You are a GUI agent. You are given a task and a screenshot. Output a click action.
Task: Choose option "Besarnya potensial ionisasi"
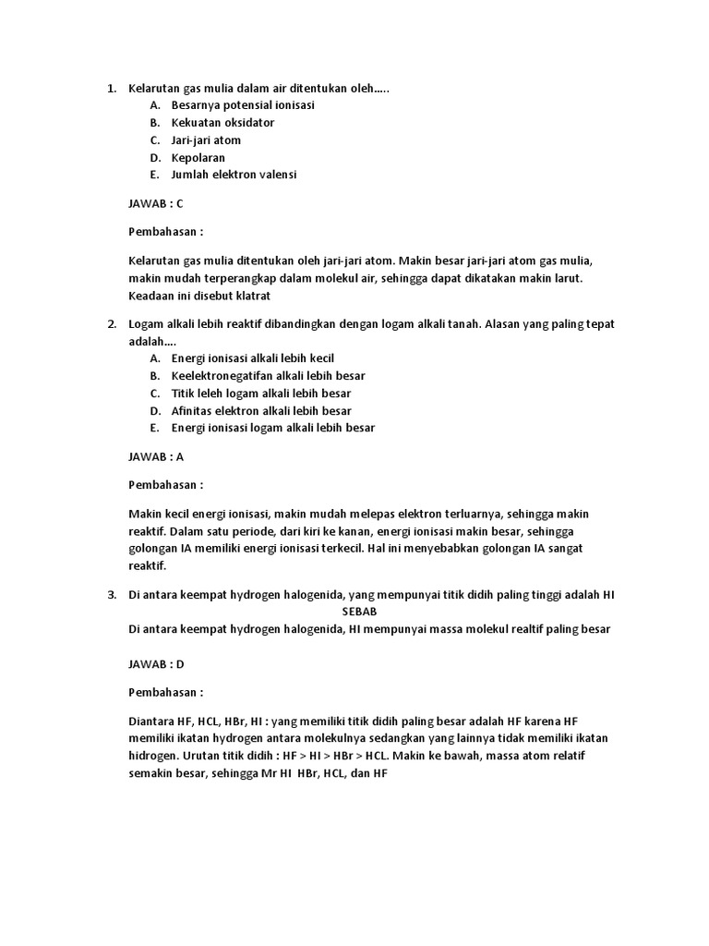click(243, 105)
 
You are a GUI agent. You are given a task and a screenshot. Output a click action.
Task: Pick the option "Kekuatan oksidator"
click(222, 122)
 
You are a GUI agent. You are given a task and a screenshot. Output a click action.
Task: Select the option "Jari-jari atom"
click(206, 139)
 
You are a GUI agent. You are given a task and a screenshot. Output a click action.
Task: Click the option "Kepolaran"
click(198, 157)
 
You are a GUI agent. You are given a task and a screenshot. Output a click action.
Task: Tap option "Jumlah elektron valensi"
click(234, 174)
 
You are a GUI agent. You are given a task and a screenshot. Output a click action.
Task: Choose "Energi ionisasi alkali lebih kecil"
click(252, 358)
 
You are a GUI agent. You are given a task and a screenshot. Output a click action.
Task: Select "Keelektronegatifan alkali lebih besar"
click(268, 375)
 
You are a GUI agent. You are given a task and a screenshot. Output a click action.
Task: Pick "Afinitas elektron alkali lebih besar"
click(261, 410)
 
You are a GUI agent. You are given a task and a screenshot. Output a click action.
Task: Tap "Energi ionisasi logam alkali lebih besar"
click(273, 428)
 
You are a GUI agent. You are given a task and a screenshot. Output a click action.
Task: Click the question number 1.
click(109, 89)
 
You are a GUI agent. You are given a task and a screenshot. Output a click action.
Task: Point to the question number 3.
click(109, 595)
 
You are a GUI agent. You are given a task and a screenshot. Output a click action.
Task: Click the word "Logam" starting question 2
click(146, 324)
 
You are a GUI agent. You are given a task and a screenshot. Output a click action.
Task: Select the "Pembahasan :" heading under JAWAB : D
click(165, 691)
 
